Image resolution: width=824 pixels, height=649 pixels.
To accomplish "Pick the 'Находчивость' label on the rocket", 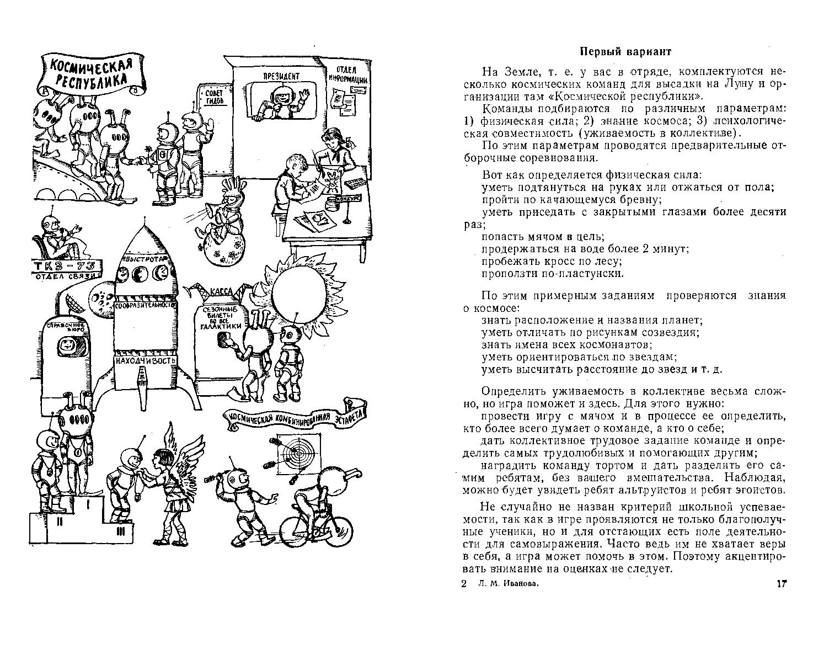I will click(x=145, y=360).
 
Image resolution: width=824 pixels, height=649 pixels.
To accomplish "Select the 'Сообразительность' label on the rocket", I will click(x=146, y=305).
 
